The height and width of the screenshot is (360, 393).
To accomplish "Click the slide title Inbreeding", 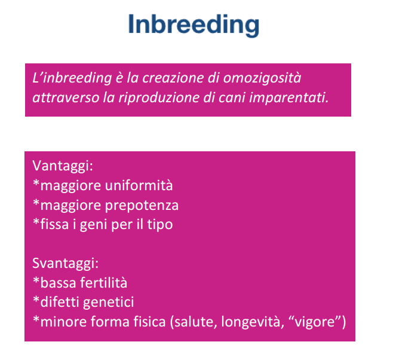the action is (194, 25).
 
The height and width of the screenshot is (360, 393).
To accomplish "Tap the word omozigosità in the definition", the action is (262, 78).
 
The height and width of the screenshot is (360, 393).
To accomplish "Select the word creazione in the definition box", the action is (173, 78).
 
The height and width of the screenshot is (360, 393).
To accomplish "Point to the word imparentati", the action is (288, 97).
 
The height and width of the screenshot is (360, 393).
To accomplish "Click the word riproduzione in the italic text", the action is (159, 97).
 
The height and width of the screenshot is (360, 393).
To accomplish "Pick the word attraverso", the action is (66, 97).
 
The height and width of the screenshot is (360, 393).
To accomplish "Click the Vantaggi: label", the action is (63, 166).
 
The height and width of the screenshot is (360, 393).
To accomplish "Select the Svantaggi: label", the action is (66, 263).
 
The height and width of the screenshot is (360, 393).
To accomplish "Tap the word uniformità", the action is (139, 185).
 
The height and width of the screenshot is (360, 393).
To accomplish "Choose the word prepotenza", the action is (142, 206).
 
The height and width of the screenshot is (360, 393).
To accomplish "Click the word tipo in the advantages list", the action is (160, 224).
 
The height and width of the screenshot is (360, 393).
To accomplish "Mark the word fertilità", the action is (104, 282).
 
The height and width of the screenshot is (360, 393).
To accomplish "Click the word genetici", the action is (108, 302).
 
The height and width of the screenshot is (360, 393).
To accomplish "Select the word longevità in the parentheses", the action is (253, 322).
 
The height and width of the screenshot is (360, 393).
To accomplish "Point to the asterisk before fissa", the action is (36, 221).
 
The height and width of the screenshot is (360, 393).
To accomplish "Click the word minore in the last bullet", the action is (64, 322).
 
